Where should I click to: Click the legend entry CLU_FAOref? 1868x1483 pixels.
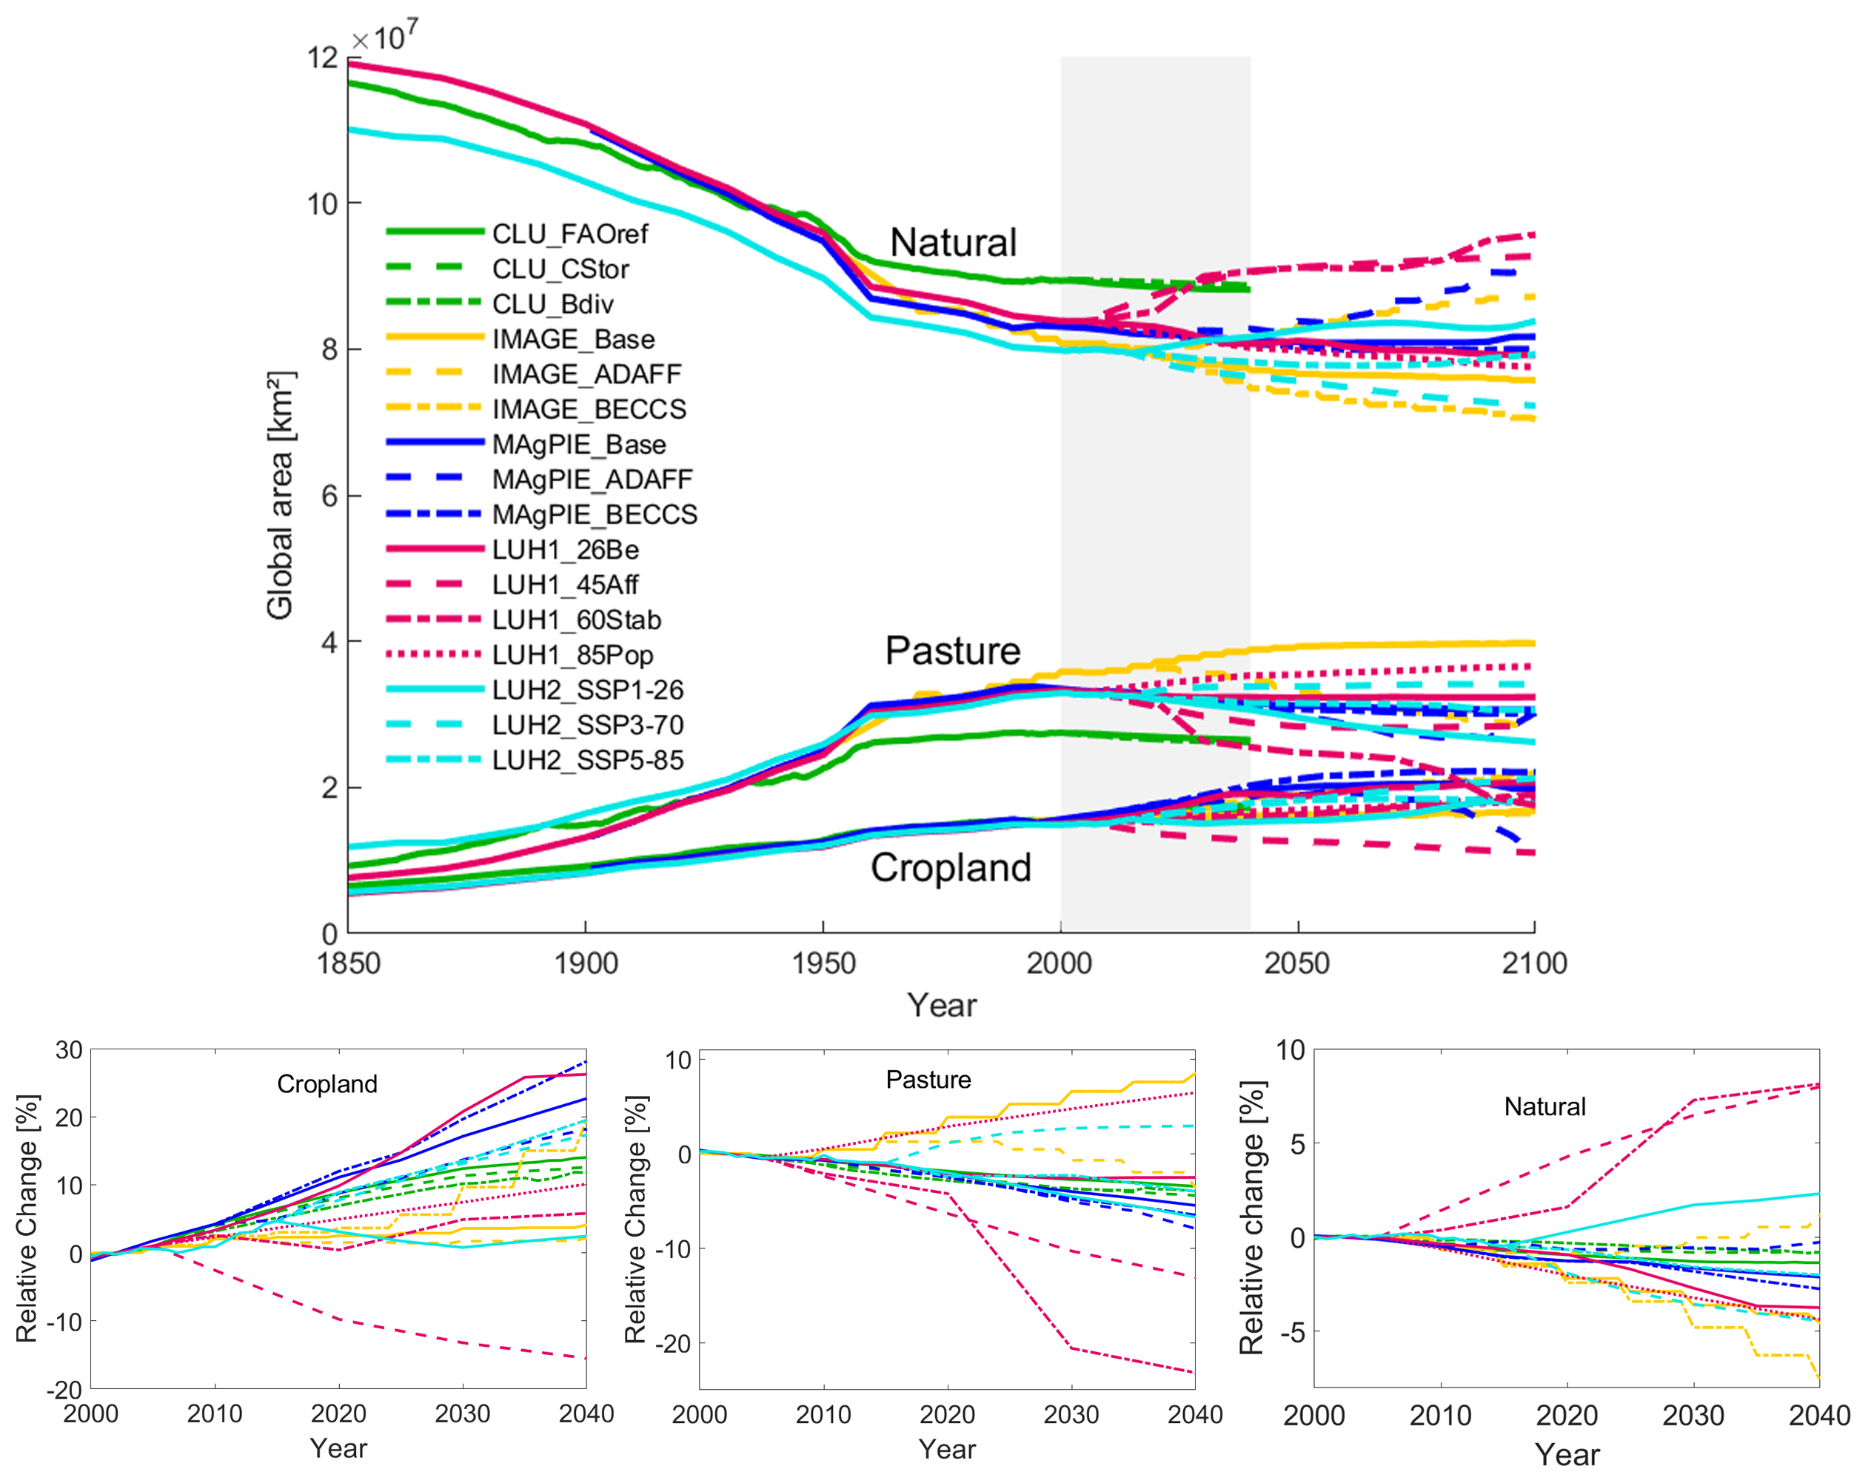569,234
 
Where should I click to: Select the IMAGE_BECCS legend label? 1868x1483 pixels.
589,409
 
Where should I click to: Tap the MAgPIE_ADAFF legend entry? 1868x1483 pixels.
592,479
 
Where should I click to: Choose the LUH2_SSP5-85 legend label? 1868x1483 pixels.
587,760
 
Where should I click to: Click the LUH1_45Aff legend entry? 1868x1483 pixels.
565,585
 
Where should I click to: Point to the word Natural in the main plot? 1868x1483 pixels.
953,243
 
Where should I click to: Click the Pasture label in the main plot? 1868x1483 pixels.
952,650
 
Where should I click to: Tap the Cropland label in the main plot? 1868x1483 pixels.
951,867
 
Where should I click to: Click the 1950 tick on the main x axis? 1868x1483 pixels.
823,964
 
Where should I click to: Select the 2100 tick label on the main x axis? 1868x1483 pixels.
1534,964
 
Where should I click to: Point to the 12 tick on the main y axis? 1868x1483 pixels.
322,57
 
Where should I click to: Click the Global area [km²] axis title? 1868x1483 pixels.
280,496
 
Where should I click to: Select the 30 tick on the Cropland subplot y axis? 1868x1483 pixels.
70,1051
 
